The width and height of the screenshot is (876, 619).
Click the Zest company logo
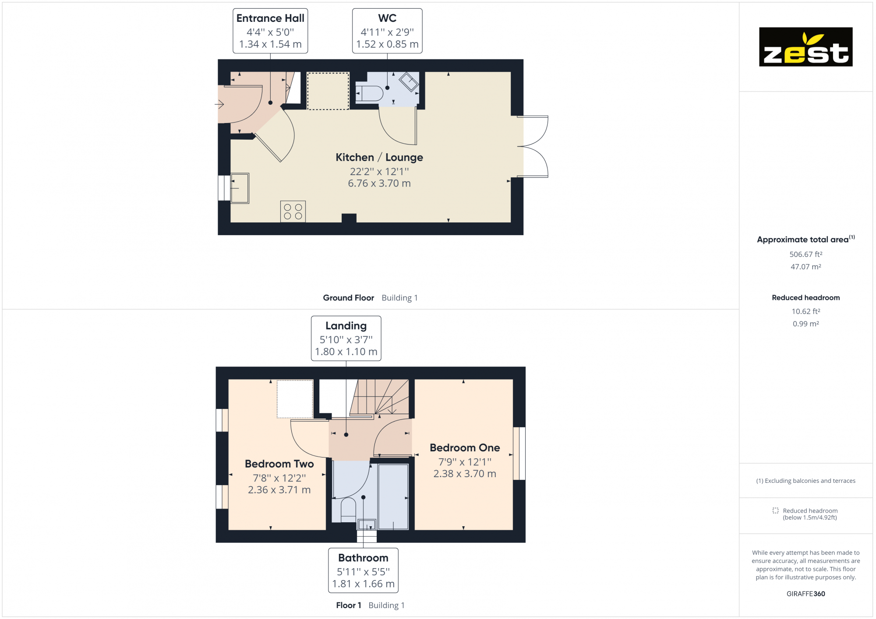[805, 47]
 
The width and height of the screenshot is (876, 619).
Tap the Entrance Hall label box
[270, 31]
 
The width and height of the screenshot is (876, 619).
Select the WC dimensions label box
[387, 31]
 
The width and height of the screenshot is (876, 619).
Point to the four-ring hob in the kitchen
[293, 211]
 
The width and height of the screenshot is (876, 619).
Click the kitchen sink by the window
[240, 188]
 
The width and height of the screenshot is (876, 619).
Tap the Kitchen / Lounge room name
[379, 158]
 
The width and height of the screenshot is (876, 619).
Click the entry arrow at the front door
[219, 104]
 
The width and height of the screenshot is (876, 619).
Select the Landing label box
[346, 338]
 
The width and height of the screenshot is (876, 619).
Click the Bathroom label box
[363, 570]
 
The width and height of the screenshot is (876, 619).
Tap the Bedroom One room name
[465, 448]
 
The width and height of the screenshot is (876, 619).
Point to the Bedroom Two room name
[279, 464]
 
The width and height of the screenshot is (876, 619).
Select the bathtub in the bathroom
[393, 496]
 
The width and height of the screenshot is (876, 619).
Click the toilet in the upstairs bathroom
[348, 510]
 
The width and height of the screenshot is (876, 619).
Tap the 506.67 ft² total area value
[805, 254]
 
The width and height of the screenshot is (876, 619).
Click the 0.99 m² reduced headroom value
[805, 324]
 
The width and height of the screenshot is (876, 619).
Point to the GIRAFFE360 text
[805, 594]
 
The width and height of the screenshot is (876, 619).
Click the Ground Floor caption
[349, 298]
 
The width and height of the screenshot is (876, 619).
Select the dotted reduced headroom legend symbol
[775, 511]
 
